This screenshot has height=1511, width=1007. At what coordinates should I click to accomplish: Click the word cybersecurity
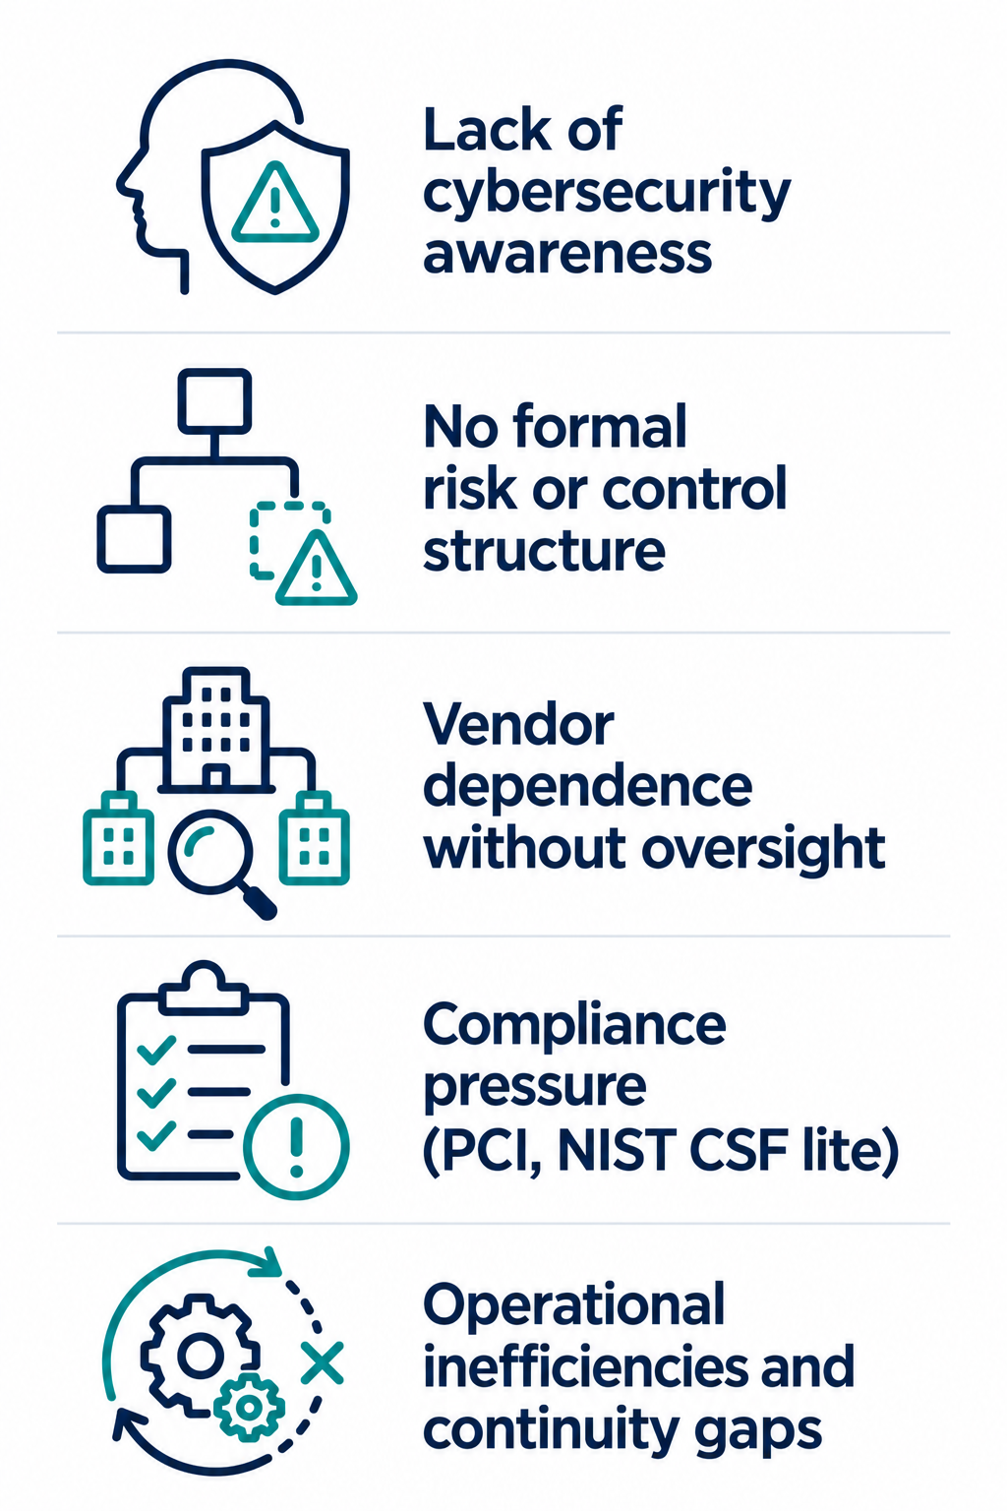[x=607, y=194]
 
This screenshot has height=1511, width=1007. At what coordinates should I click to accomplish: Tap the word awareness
[x=567, y=255]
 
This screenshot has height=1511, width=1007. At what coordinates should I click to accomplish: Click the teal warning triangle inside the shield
[x=274, y=203]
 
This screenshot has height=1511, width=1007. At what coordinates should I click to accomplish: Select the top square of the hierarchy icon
[x=214, y=400]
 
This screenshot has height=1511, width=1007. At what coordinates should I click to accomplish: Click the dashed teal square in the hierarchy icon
[x=289, y=540]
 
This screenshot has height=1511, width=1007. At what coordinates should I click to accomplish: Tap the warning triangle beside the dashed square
[x=317, y=569]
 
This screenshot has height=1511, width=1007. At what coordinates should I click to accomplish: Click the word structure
[x=544, y=551]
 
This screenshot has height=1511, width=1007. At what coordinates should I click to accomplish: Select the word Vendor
[x=518, y=725]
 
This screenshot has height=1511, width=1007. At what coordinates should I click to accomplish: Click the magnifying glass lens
[x=209, y=851]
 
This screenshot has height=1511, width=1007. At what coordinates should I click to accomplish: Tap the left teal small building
[x=118, y=838]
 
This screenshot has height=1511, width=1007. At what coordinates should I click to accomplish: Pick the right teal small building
[x=315, y=838]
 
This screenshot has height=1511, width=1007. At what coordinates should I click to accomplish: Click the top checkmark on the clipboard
[x=155, y=1050]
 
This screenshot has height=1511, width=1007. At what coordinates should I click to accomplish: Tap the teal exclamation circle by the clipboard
[x=296, y=1146]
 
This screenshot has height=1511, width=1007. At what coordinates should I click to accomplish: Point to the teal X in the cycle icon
[x=322, y=1361]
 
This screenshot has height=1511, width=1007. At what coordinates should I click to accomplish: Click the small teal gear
[x=249, y=1407]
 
